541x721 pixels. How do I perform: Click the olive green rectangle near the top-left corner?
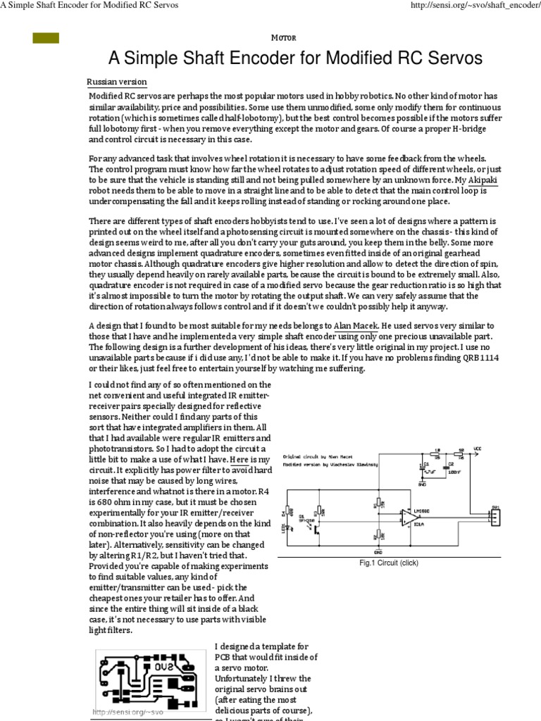tap(46, 38)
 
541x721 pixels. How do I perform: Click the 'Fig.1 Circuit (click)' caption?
tap(388, 563)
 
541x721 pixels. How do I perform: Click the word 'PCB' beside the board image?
tap(223, 657)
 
